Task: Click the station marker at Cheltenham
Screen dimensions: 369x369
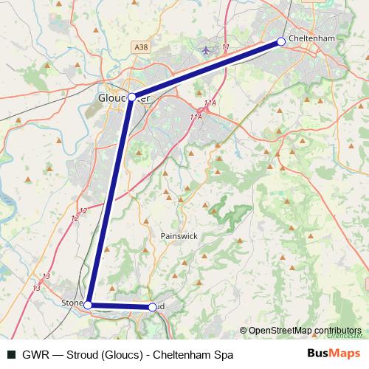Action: pos(280,42)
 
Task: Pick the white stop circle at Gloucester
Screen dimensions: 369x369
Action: pos(131,97)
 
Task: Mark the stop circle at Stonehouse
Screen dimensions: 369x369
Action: pos(88,304)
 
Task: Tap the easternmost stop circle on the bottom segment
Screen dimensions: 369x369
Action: pos(153,306)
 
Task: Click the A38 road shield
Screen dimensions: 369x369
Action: pos(142,46)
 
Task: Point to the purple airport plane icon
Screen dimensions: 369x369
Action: pos(206,51)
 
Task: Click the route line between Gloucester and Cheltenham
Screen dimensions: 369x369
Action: pos(207,69)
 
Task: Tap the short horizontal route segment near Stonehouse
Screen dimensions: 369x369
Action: pos(120,306)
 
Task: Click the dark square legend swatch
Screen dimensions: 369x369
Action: pos(11,355)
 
